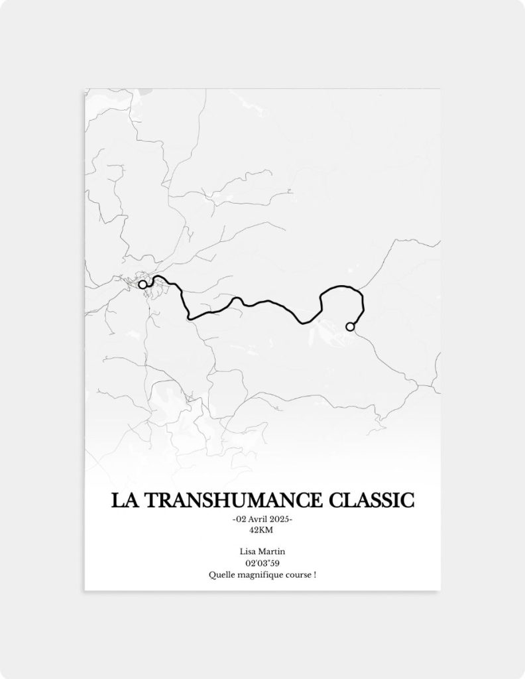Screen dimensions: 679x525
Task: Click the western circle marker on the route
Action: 143,284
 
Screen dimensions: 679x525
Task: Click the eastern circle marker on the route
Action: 350,326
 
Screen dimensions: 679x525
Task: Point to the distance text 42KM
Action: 262,530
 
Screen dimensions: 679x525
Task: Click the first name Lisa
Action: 248,552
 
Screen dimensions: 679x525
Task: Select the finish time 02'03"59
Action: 262,563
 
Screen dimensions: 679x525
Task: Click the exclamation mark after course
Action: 314,574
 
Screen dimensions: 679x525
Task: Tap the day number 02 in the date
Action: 239,519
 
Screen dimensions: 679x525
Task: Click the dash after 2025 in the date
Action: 291,519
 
